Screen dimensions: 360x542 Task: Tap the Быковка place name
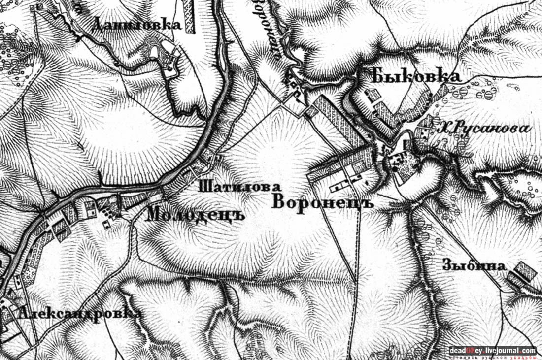coord(416,75)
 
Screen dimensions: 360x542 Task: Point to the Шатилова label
coord(239,187)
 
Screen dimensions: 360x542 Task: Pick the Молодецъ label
coord(196,214)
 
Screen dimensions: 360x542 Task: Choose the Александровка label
coord(81,313)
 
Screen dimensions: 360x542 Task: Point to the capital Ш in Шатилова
coord(203,187)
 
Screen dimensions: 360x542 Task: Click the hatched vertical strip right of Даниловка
coord(189,16)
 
